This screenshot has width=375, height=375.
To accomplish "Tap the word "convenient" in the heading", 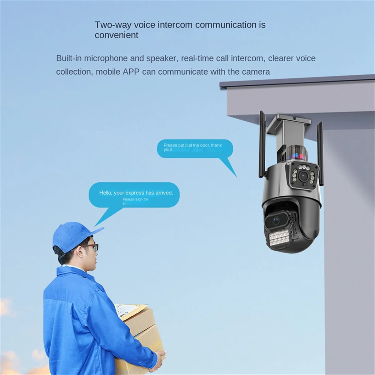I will coord(116,35).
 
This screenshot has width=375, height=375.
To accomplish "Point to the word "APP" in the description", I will coord(131,72).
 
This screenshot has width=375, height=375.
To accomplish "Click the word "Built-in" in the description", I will coord(69,58).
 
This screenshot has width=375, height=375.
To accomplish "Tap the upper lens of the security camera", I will coord(303,176).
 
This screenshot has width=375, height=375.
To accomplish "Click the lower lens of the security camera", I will coord(276,221).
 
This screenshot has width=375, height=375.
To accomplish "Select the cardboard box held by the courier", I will coord(141,337).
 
